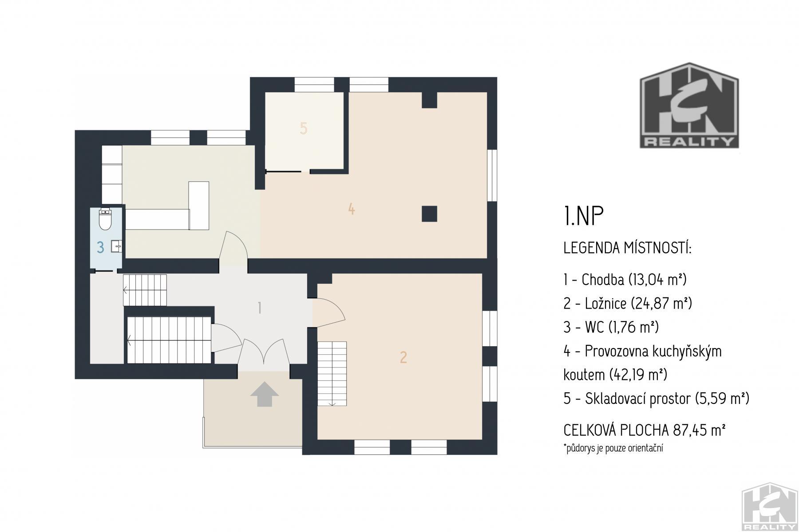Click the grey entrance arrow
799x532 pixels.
point(265,394)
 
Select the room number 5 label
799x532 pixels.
point(304,128)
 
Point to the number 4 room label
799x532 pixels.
point(352,209)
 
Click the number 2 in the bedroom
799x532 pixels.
point(403,357)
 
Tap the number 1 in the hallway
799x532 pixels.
point(260,308)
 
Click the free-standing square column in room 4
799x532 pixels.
point(429,214)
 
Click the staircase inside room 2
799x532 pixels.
point(332,374)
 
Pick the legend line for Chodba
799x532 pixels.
point(625,280)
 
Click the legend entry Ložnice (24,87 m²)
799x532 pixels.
point(628,304)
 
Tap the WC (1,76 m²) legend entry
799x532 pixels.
point(611,328)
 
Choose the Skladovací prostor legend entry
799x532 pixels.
point(657,399)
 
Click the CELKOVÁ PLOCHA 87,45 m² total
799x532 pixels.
point(645,430)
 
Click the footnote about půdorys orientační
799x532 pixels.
point(613,448)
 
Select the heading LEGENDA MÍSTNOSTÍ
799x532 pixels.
point(627,248)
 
